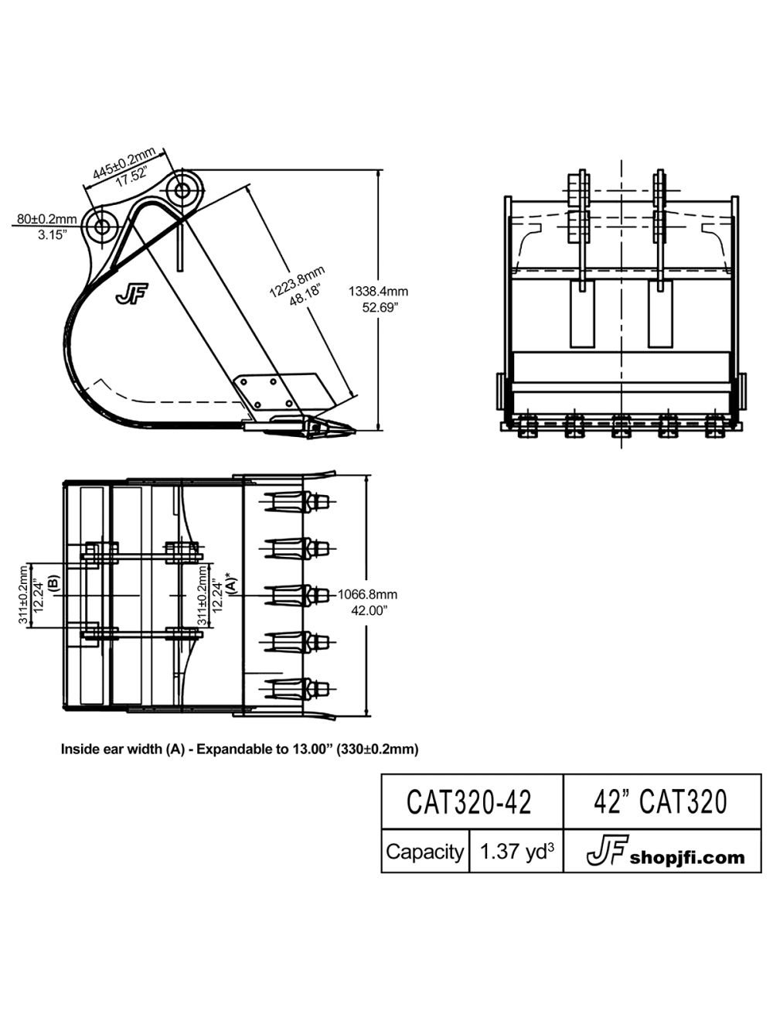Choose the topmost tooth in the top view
[x=298, y=502]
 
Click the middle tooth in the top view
[x=298, y=595]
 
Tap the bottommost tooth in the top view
[x=298, y=688]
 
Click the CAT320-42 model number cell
[x=469, y=803]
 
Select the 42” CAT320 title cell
[x=661, y=802]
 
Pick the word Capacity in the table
[x=424, y=852]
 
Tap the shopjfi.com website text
[x=687, y=857]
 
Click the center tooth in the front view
[x=621, y=425]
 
